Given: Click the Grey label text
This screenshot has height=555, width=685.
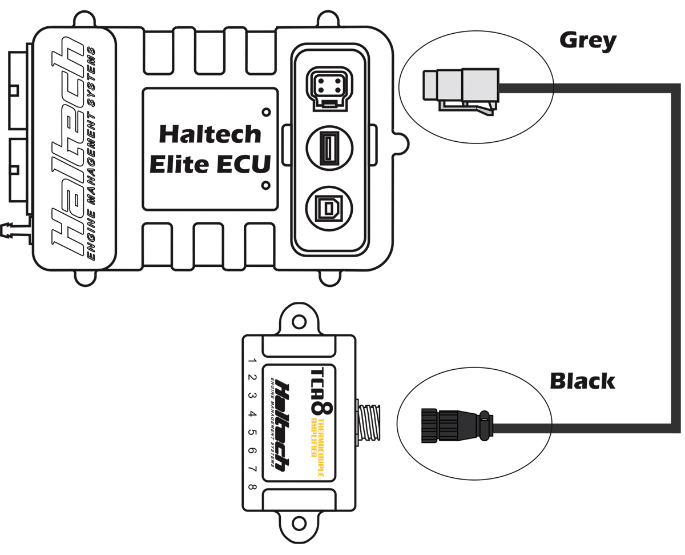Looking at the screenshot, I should pos(587,41).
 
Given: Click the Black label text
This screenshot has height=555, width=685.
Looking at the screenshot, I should pos(582,381).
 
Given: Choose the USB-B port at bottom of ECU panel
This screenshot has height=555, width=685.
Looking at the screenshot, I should pos(329,209).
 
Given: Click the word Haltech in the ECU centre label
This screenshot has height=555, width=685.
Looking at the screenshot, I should pos(209,134).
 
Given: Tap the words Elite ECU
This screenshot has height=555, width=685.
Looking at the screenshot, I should pos(209,165).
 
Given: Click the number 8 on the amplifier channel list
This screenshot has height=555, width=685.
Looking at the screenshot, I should pos(252,488).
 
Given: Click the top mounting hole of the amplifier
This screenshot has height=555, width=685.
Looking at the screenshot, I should pos(299,322).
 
